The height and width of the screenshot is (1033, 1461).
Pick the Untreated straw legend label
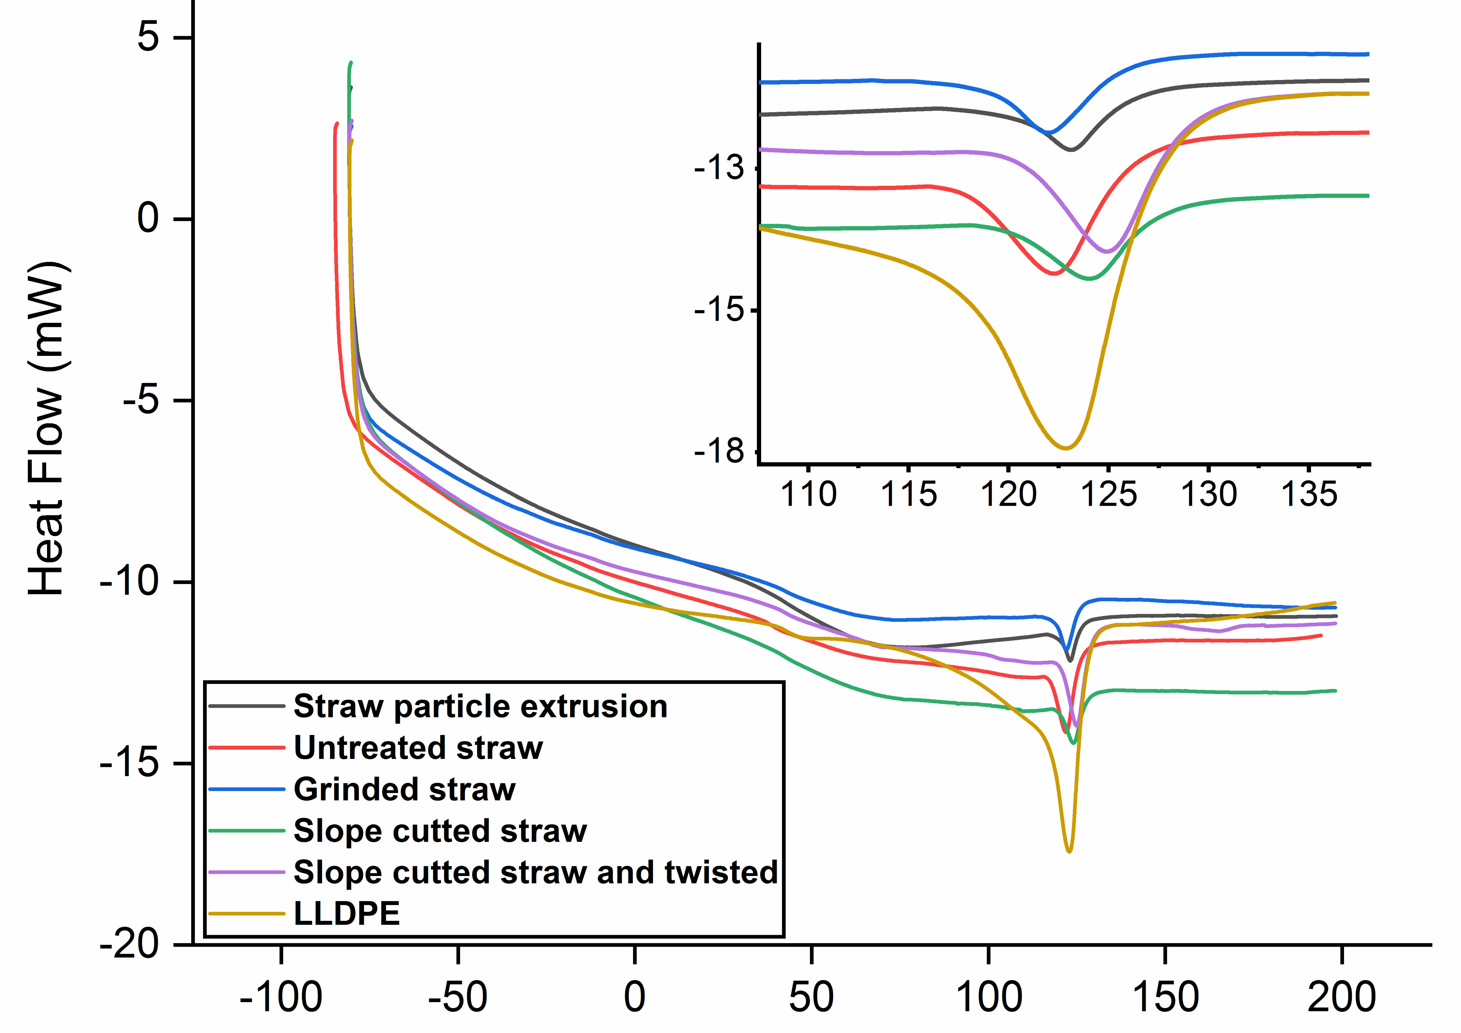point(418,748)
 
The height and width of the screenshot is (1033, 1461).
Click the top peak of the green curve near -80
point(351,62)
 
